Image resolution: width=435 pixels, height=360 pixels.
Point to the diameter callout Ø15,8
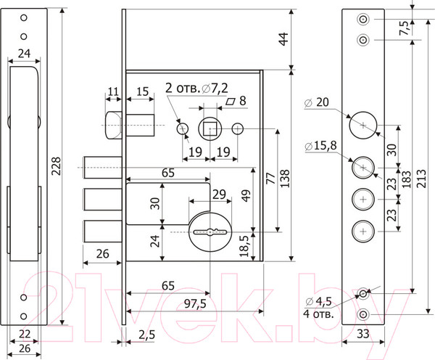pos(320,147)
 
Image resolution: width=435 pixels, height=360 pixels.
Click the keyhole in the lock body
pos(209,232)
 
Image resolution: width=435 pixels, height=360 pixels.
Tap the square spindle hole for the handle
pos(210,128)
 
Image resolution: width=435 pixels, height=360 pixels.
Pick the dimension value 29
pos(218,195)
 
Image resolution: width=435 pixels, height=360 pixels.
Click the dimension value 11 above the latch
pos(112,91)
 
